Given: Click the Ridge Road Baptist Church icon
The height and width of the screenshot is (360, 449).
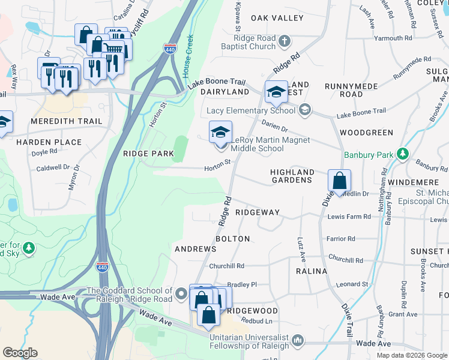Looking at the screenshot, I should click(285, 41).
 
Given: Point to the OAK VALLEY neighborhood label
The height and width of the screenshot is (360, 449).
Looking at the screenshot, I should click(277, 18).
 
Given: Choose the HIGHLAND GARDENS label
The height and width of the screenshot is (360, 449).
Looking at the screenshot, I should click(292, 176).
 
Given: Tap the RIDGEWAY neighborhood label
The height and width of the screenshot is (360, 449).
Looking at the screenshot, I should click(258, 212).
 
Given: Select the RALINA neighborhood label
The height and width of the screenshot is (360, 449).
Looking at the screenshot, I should click(312, 271).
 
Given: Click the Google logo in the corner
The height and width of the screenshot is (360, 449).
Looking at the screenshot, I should click(19, 353).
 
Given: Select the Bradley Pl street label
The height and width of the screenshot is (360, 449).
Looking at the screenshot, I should click(242, 284).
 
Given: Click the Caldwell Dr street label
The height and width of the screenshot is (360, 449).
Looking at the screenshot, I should click(53, 169).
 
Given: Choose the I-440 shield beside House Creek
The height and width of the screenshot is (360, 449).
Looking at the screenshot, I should click(170, 49).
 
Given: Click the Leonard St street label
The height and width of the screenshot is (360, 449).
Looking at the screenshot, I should click(351, 284).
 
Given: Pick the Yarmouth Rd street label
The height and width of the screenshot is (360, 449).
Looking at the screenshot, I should click(392, 38).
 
